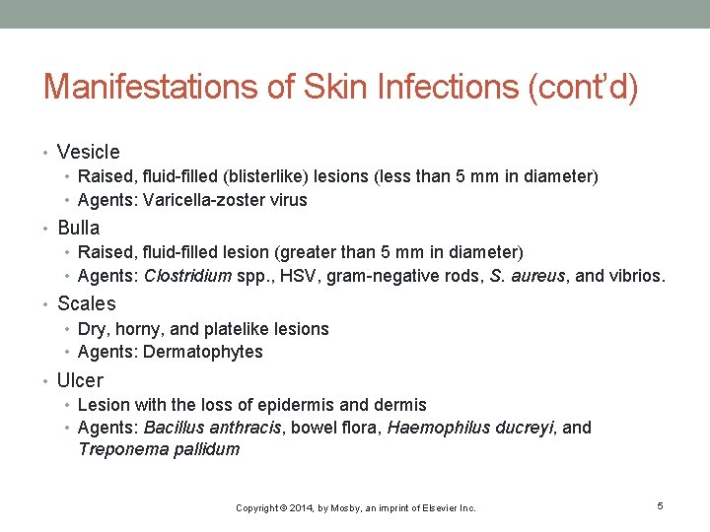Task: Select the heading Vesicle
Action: (89, 152)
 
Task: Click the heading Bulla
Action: (79, 228)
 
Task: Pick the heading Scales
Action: (87, 303)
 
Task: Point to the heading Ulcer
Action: (80, 380)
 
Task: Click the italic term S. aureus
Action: (528, 277)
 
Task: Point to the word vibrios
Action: (636, 277)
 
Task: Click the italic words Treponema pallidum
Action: (159, 450)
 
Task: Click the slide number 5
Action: (660, 506)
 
